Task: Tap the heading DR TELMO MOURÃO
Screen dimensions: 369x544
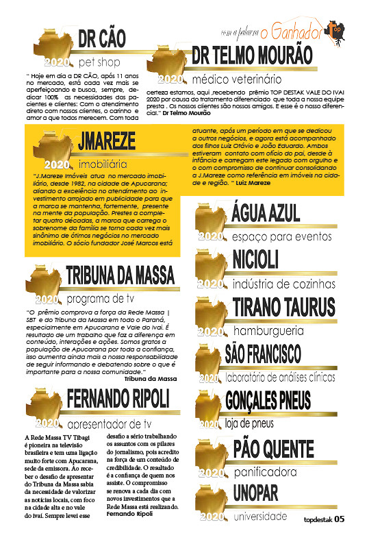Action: click(252, 55)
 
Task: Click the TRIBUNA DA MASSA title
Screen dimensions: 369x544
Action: click(120, 275)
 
